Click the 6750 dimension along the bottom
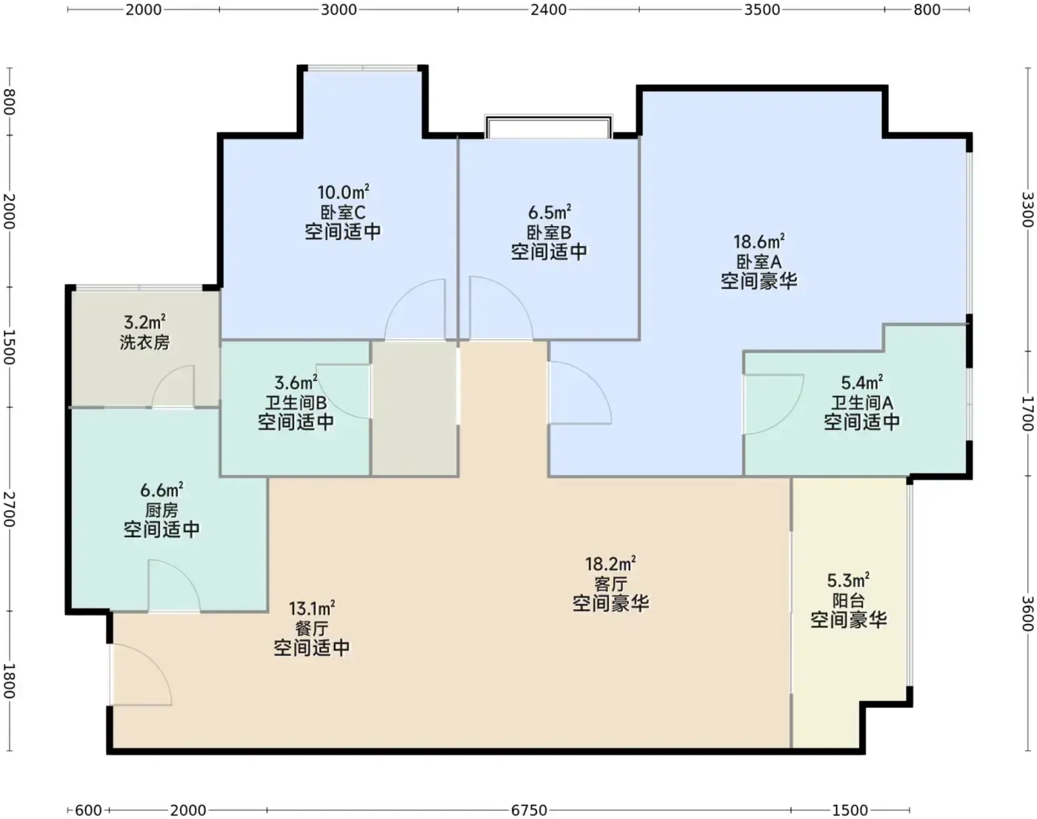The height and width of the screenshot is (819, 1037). tap(529, 810)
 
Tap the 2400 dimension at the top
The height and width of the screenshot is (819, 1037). tap(548, 10)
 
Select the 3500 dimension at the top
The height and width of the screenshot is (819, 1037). tap(762, 10)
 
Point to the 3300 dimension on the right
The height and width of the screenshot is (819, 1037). tap(1028, 210)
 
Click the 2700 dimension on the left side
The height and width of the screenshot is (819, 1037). tap(9, 509)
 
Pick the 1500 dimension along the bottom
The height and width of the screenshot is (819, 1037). tap(850, 810)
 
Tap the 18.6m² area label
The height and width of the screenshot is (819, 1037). tap(759, 241)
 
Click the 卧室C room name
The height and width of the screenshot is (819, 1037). tap(343, 212)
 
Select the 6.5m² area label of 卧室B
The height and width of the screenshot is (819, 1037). tap(550, 212)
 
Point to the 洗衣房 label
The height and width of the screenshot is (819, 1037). tap(144, 342)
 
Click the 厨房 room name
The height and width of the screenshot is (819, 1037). tap(161, 511)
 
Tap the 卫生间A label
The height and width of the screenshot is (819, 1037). tap(862, 402)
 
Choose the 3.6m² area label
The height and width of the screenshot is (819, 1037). tap(296, 383)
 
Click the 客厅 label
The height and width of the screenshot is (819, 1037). tap(610, 584)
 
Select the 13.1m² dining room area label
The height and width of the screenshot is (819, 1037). tap(312, 609)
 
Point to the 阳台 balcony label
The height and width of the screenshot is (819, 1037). tap(849, 600)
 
